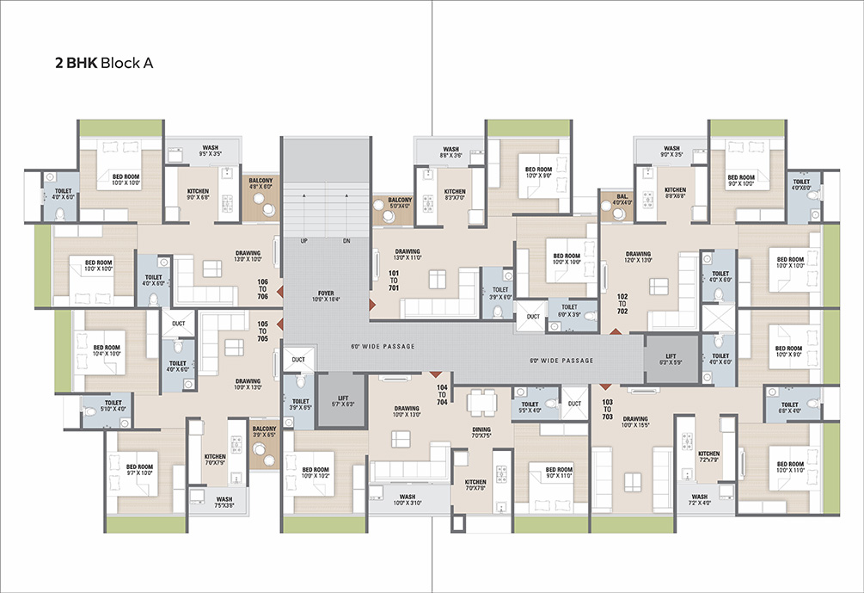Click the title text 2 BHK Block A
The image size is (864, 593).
coord(103,63)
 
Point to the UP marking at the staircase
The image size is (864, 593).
coord(303,241)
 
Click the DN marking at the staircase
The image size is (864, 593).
coord(346,241)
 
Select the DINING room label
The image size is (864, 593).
coord(481,431)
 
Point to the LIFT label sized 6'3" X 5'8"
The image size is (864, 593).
coord(671,357)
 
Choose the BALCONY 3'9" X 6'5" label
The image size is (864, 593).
coord(263,431)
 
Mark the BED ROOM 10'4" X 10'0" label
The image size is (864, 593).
coord(107,350)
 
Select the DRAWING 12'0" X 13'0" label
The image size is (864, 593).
coord(638,256)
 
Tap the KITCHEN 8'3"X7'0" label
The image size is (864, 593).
coord(455,195)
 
